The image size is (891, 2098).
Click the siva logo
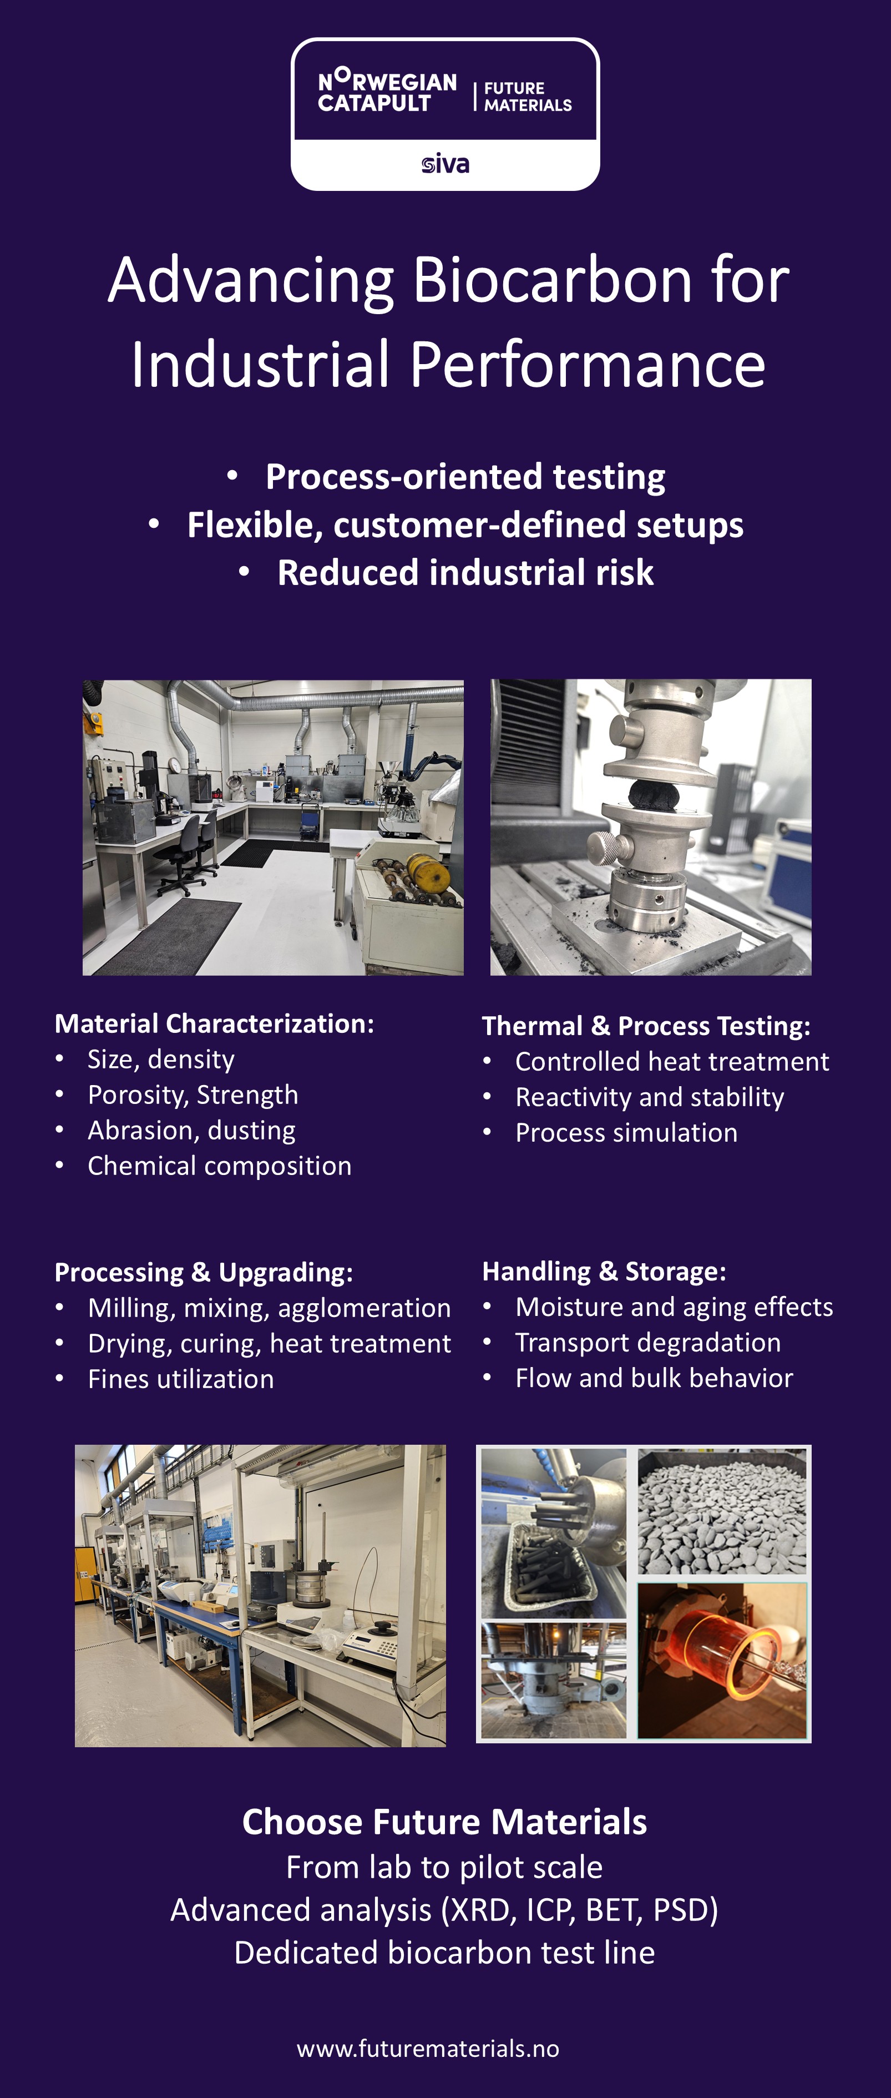click(445, 164)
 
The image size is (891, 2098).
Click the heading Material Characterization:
click(214, 1024)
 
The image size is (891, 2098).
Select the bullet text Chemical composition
click(220, 1166)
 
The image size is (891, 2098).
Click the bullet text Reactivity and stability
click(650, 1097)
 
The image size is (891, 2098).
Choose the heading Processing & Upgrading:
click(204, 1272)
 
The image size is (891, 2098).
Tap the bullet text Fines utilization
click(181, 1379)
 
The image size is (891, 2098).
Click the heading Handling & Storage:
click(604, 1272)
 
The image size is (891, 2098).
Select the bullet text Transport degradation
click(649, 1342)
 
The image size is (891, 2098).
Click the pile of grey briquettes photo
click(722, 1511)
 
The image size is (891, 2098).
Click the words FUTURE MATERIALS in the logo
click(528, 96)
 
